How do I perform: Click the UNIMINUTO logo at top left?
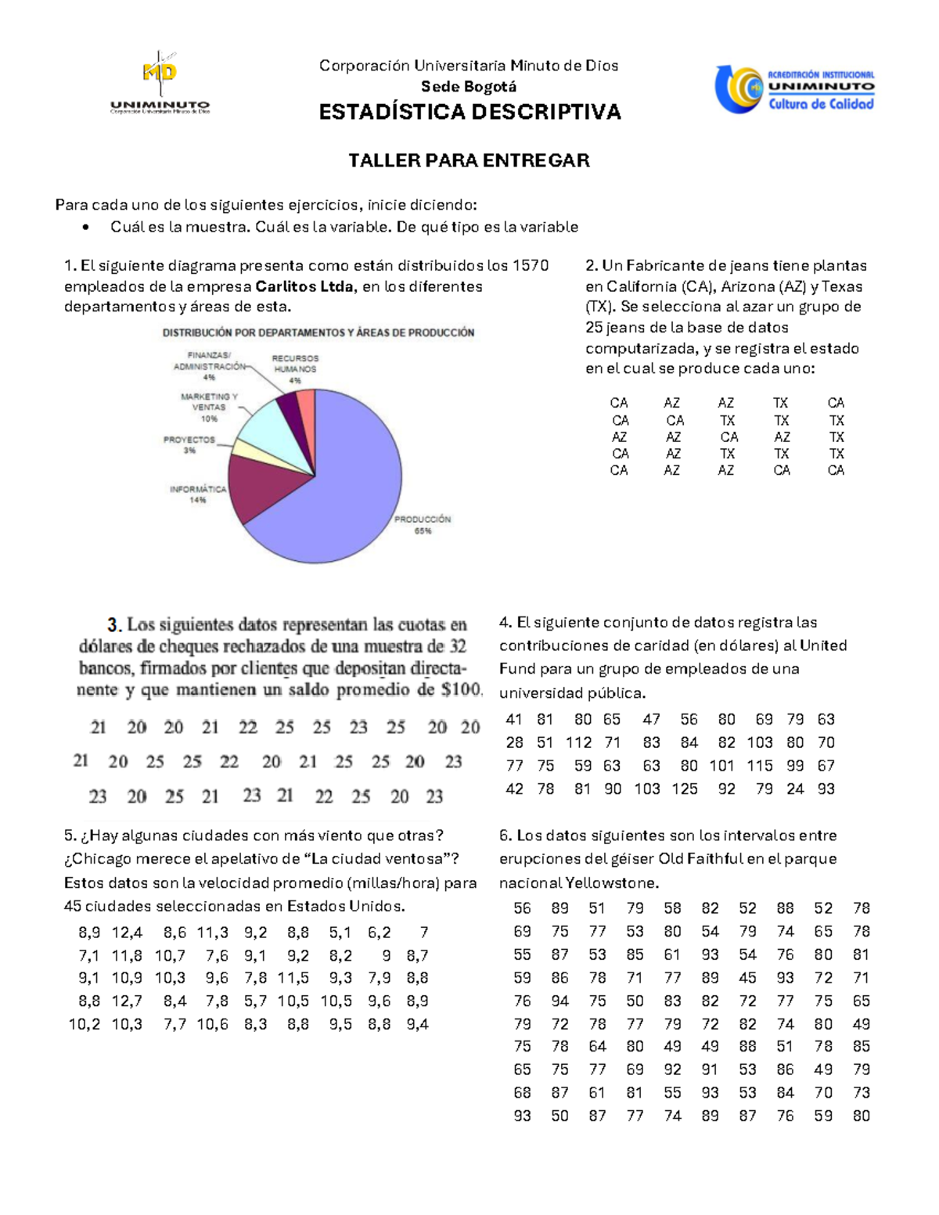pyautogui.click(x=160, y=84)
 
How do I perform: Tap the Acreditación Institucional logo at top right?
pyautogui.click(x=793, y=89)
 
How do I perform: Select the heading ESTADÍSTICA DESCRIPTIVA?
pyautogui.click(x=469, y=113)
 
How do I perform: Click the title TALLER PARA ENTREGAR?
pyautogui.click(x=469, y=160)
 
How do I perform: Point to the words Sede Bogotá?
pyautogui.click(x=469, y=87)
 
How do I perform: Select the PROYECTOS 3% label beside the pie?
pyautogui.click(x=189, y=444)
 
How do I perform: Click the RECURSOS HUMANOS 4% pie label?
pyautogui.click(x=295, y=369)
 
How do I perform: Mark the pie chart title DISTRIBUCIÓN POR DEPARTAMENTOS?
pyautogui.click(x=318, y=333)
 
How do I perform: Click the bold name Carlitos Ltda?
pyautogui.click(x=304, y=286)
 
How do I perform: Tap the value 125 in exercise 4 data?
pyautogui.click(x=685, y=789)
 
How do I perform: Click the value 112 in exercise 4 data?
pyautogui.click(x=578, y=742)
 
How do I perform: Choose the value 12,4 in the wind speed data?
pyautogui.click(x=127, y=933)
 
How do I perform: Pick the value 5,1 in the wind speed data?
pyautogui.click(x=340, y=933)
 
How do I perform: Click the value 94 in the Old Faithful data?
pyautogui.click(x=559, y=1001)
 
